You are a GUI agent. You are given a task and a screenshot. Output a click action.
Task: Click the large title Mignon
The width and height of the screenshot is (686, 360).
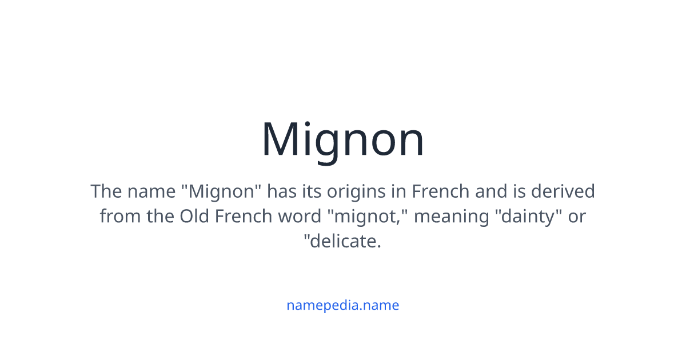(x=343, y=139)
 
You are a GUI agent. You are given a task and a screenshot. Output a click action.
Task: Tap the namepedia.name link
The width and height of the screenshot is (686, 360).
(x=343, y=305)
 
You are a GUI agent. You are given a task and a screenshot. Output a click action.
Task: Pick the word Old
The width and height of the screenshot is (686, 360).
(x=195, y=217)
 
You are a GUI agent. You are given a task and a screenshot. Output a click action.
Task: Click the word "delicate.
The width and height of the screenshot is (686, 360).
(x=343, y=242)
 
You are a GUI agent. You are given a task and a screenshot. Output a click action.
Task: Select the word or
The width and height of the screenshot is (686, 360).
(x=576, y=217)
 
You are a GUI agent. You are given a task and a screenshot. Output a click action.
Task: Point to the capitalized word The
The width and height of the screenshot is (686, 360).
(x=106, y=191)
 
